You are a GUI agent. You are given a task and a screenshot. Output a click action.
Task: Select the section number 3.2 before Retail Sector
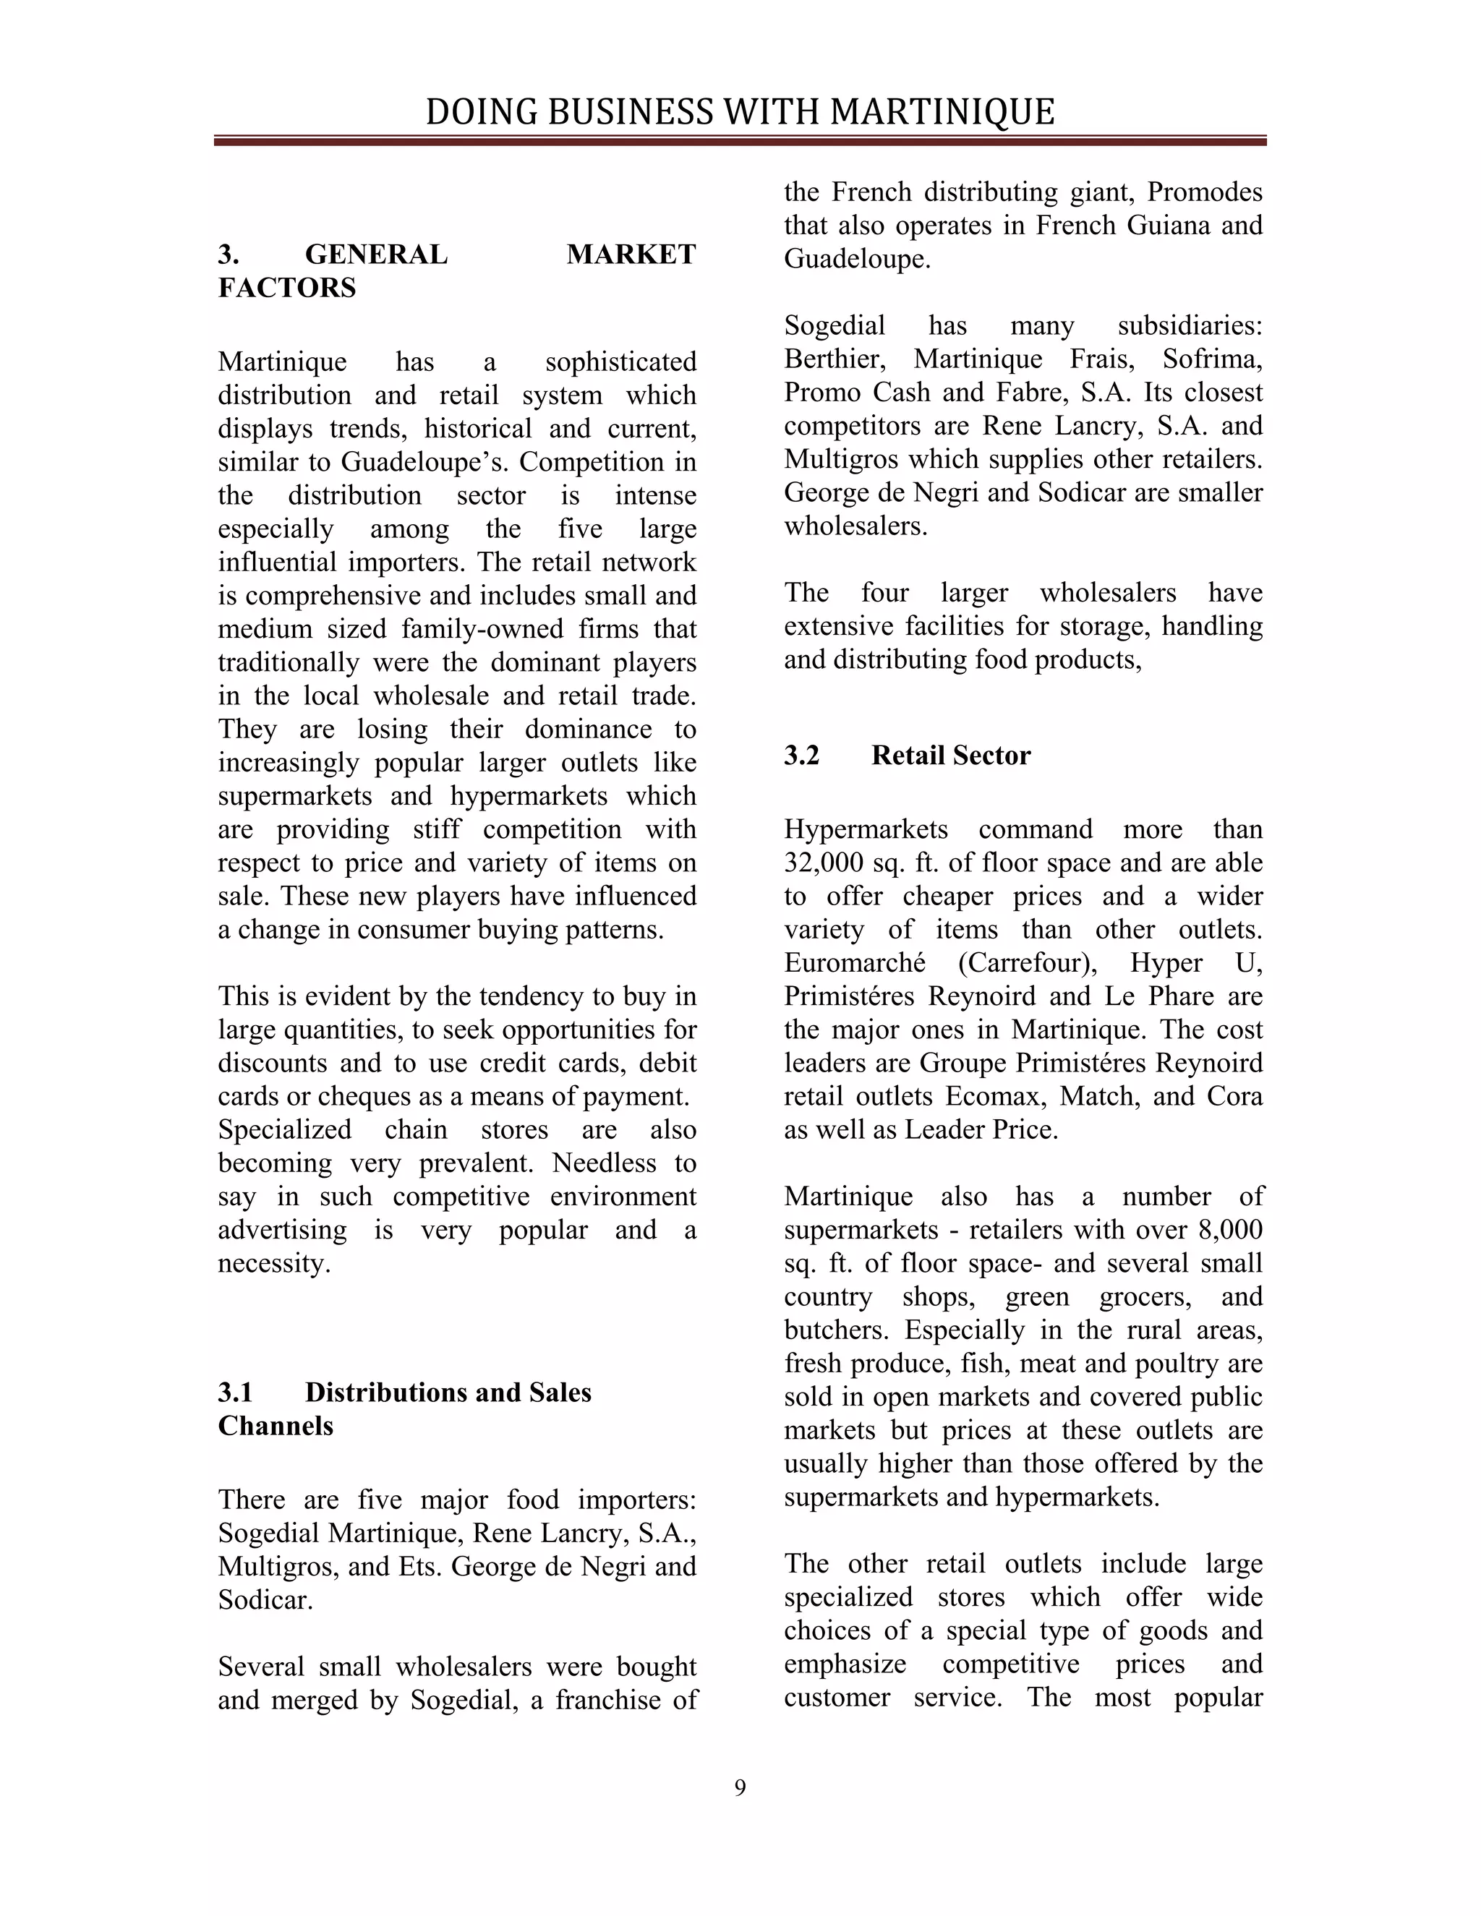(801, 756)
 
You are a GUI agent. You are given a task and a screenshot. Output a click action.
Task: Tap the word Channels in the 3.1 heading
(276, 1426)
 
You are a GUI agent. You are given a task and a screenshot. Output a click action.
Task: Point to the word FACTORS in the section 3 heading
(287, 288)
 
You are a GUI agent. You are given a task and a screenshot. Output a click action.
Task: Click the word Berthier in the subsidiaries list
(837, 359)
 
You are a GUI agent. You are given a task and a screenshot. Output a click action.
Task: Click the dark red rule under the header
(740, 140)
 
